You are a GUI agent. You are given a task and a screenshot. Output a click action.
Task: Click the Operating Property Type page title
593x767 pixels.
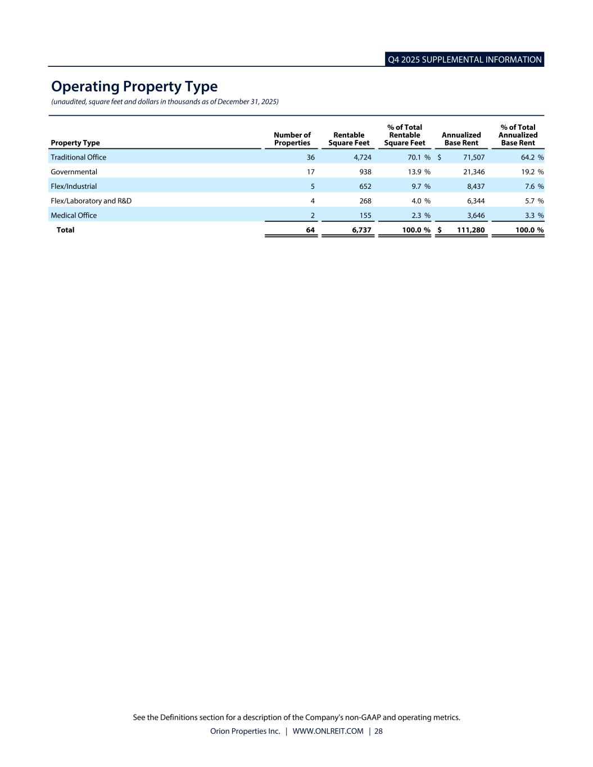point(134,87)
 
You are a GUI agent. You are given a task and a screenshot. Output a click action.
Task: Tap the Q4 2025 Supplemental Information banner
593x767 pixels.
point(465,60)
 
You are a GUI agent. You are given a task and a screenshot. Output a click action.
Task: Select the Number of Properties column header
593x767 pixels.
point(292,139)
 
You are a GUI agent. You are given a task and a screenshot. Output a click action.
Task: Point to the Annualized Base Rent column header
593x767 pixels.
point(461,139)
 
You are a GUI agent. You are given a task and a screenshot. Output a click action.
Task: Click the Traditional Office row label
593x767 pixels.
point(78,157)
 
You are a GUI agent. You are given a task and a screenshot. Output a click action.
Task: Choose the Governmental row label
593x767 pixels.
point(74,172)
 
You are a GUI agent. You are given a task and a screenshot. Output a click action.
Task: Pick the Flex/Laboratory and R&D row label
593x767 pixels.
point(91,201)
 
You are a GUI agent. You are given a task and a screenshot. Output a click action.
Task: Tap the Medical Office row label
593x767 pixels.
point(74,215)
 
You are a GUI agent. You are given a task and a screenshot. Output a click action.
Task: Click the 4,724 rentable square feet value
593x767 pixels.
point(362,157)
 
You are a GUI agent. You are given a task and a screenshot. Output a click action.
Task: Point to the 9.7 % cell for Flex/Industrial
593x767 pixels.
point(417,187)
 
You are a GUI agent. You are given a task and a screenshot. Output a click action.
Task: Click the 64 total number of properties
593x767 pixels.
point(310,230)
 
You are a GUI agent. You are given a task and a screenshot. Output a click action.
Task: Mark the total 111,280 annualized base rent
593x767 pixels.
point(470,230)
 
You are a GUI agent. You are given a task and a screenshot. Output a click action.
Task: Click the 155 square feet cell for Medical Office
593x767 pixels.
point(365,215)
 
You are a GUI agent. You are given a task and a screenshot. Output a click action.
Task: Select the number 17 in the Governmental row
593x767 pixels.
point(310,172)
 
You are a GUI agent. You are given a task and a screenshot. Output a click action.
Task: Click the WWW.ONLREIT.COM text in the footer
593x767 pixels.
point(328,731)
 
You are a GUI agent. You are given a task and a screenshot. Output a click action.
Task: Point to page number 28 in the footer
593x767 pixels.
point(378,731)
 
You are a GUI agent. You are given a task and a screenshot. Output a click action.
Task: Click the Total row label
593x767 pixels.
point(65,230)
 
